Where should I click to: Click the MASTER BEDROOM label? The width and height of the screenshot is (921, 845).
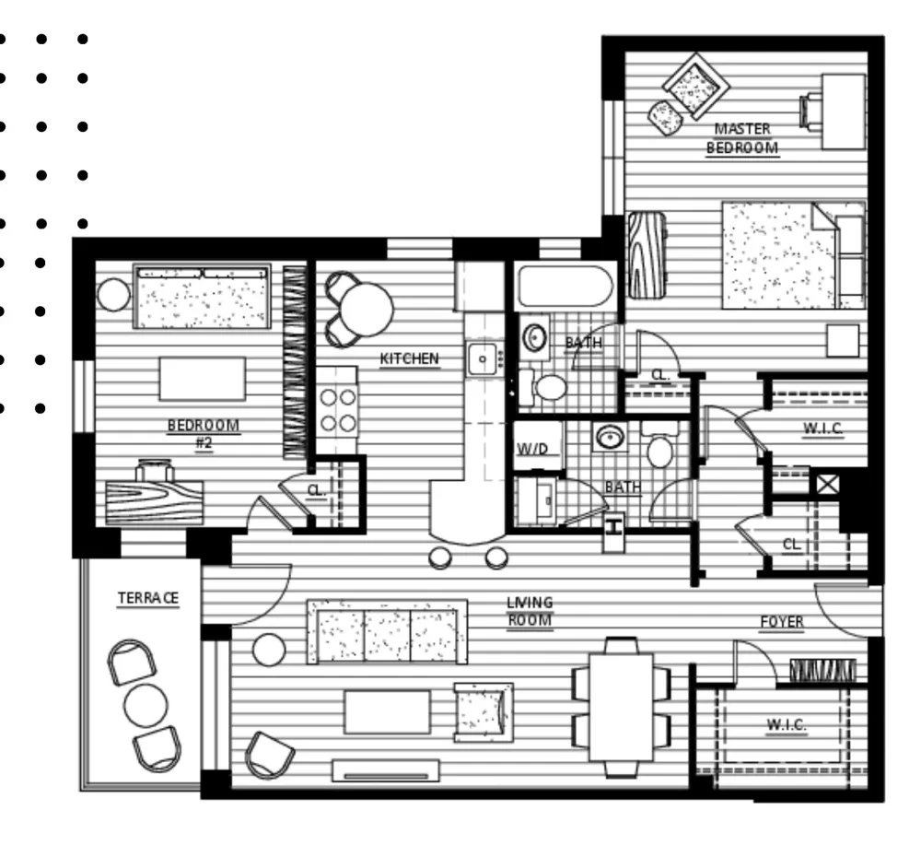[x=742, y=138]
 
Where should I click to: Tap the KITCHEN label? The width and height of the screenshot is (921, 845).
[x=410, y=358]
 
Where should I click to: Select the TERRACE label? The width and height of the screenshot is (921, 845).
[x=148, y=598]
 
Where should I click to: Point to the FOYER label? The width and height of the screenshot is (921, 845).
[x=782, y=622]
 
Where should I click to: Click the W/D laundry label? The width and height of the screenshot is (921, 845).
[x=532, y=450]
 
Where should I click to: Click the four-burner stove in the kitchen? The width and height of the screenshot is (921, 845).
[x=337, y=410]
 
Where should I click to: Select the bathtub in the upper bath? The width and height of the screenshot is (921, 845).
[x=565, y=287]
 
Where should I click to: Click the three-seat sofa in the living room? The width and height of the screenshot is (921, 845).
[x=387, y=632]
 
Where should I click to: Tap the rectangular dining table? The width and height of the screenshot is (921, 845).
[x=622, y=707]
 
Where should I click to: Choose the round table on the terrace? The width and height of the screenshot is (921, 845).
[x=146, y=705]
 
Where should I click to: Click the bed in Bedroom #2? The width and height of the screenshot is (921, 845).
[x=202, y=296]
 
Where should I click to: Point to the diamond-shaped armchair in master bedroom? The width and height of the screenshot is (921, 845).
[x=696, y=87]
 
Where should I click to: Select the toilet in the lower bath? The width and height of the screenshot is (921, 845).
[x=660, y=445]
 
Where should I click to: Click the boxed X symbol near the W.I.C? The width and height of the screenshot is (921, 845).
[x=827, y=485]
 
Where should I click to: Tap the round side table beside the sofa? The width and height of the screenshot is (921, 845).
[x=269, y=650]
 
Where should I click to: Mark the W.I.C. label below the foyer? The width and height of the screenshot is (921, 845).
[x=786, y=725]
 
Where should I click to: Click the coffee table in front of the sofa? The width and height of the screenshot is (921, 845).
[x=387, y=712]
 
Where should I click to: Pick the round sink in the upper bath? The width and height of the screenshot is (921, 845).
[x=534, y=338]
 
